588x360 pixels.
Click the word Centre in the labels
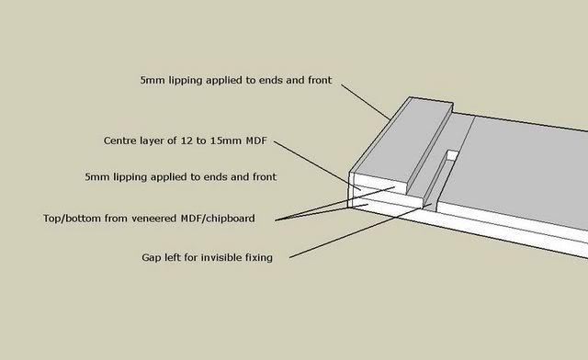coord(120,141)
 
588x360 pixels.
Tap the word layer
coord(156,141)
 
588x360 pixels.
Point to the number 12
coord(193,141)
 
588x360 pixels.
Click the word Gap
coord(153,258)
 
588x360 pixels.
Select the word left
coord(177,258)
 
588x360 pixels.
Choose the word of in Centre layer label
coord(177,141)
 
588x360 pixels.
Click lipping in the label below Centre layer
coord(134,174)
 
